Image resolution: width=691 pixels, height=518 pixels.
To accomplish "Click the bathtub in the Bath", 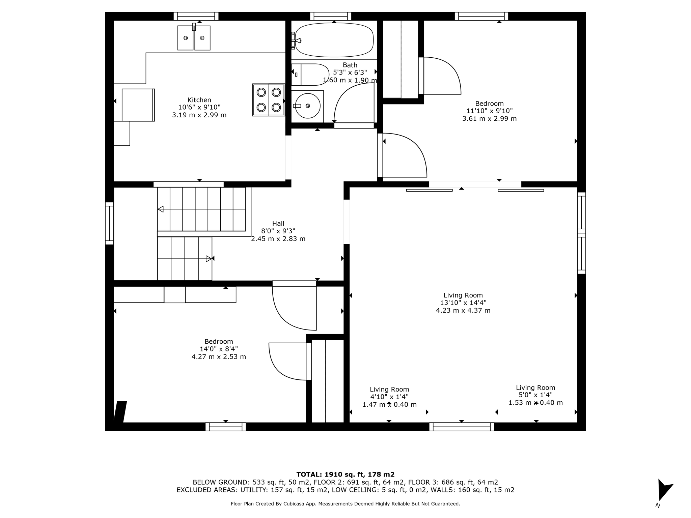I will point(334,40).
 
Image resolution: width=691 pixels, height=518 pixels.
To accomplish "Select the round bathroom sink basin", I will point(308,106).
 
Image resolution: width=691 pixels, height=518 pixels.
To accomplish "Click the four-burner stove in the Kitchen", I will point(269,100).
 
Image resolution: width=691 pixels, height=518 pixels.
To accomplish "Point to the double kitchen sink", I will point(194,38).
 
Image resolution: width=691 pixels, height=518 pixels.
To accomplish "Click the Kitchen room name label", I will point(199,100).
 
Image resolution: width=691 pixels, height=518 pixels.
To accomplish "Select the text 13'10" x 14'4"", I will point(463,303).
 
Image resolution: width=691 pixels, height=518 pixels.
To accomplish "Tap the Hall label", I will point(278,223).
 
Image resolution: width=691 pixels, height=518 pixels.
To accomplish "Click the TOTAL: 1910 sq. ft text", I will point(345,474).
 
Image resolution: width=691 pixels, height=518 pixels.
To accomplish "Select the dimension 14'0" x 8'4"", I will point(219,349).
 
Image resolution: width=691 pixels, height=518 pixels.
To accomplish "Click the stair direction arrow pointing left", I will point(161,209).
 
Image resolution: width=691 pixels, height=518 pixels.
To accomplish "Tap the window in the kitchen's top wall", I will point(196,16).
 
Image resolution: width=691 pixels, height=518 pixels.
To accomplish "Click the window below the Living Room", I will point(462,427).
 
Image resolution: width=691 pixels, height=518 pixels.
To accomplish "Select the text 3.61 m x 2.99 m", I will point(489,119).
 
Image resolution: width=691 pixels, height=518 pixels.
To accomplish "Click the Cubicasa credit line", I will point(345,504).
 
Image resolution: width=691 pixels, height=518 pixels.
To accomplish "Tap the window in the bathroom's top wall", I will point(331,16).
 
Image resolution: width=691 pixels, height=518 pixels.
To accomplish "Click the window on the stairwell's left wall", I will point(109,223).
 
